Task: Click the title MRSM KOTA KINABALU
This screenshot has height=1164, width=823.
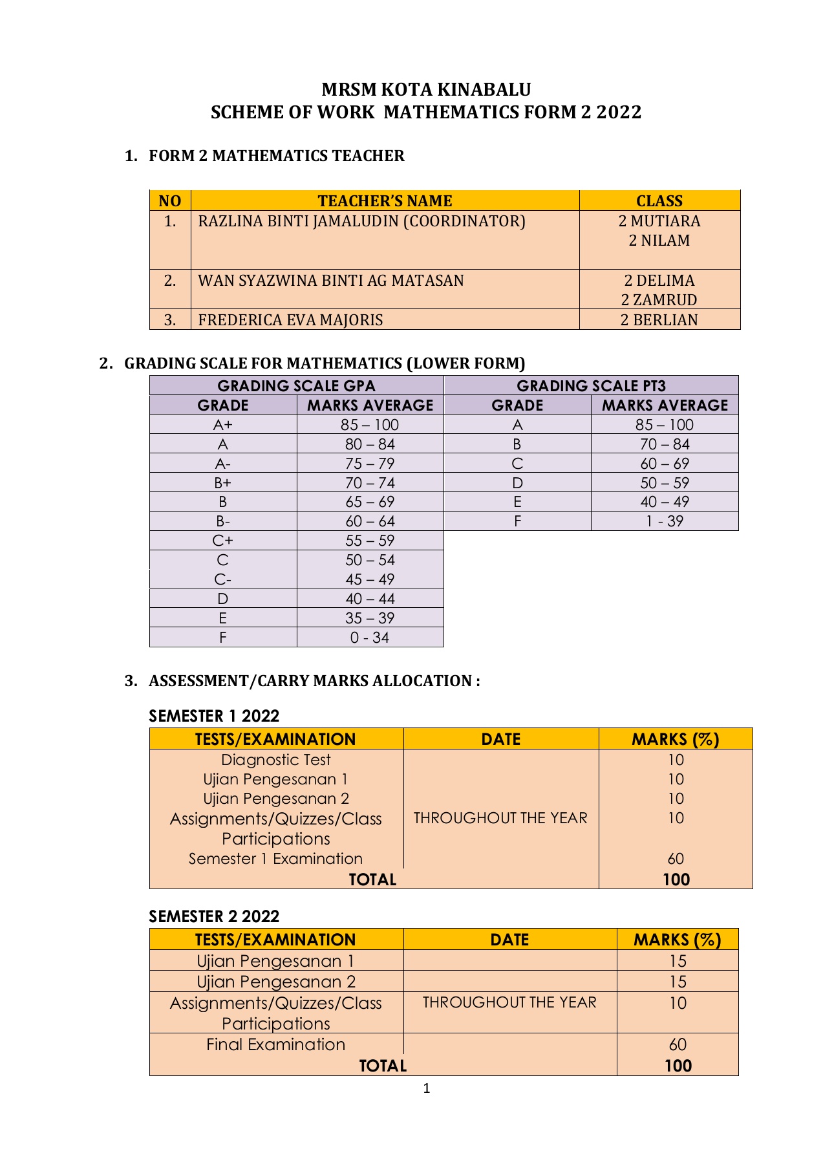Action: (x=426, y=89)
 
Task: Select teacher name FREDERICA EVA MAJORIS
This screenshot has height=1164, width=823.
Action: (x=290, y=320)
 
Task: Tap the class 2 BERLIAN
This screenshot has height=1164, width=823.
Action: (x=659, y=320)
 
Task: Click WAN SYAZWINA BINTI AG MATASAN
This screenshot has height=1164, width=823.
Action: (x=331, y=281)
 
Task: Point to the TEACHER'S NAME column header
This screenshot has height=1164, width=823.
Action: (x=385, y=200)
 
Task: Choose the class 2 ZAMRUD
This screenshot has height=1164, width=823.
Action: (x=659, y=300)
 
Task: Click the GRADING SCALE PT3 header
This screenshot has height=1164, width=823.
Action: (x=591, y=386)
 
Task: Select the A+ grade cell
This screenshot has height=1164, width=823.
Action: (x=222, y=425)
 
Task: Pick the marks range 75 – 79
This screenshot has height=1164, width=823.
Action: (x=370, y=464)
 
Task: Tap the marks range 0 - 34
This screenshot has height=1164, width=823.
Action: (x=370, y=638)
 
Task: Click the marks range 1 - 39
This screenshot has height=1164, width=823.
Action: (x=665, y=521)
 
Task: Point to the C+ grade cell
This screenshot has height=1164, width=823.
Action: (x=222, y=541)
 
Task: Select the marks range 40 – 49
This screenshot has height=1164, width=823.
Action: (x=665, y=502)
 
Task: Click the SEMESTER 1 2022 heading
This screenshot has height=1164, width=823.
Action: (x=214, y=716)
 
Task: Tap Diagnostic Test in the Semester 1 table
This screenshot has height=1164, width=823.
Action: (x=276, y=760)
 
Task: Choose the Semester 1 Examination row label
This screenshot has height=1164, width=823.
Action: (x=276, y=859)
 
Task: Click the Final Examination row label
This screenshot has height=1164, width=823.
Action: (x=276, y=1044)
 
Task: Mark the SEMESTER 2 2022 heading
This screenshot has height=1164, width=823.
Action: (x=214, y=916)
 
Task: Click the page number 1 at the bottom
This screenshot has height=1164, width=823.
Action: (x=426, y=1089)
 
